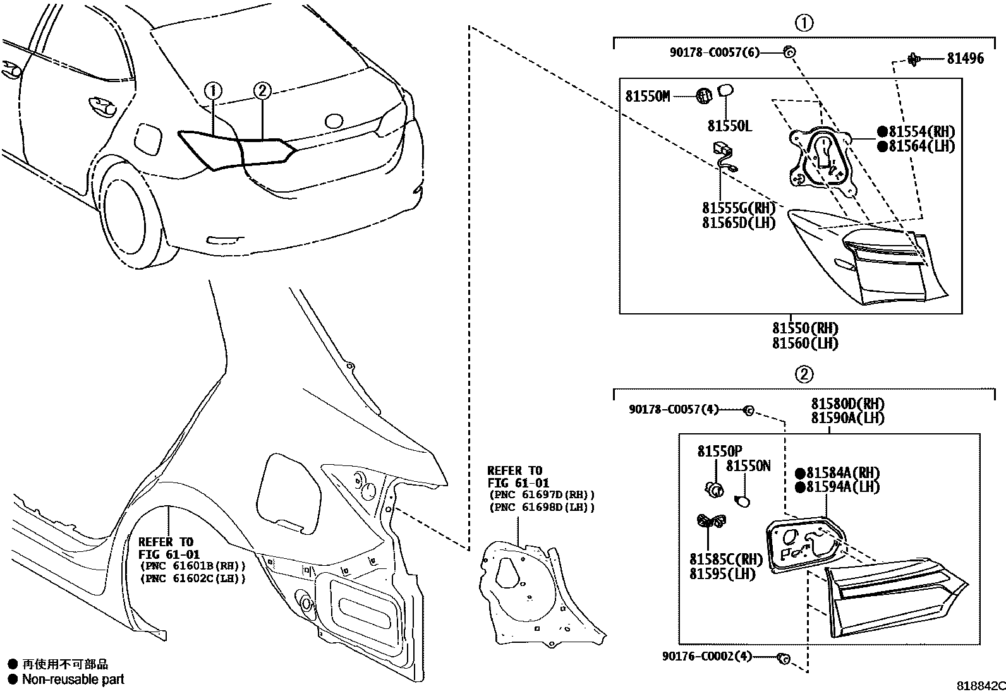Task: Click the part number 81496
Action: (x=965, y=59)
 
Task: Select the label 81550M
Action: (x=647, y=96)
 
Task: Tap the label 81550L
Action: (x=729, y=126)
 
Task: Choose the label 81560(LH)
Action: (x=804, y=344)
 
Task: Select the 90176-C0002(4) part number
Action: (x=707, y=657)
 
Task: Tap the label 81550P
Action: (x=719, y=452)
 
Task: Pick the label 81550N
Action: (x=748, y=466)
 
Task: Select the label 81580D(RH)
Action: (x=847, y=404)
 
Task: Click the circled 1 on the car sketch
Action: (x=213, y=92)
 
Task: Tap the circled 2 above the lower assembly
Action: (x=803, y=375)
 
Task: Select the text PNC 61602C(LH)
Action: (x=192, y=578)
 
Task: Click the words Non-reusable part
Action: (x=73, y=679)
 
